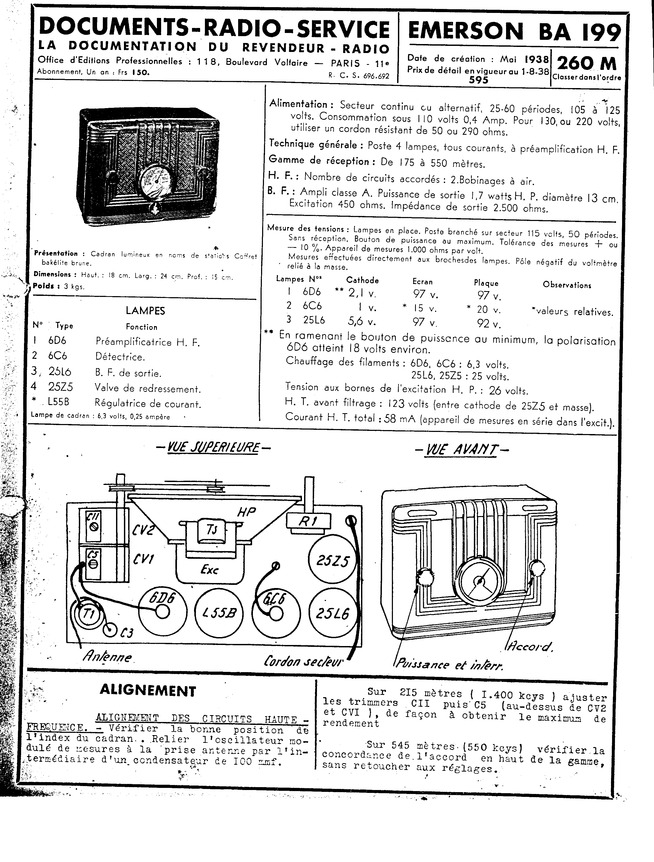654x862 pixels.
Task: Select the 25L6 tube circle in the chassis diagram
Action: pyautogui.click(x=333, y=614)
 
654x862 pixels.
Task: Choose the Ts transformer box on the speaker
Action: pyautogui.click(x=212, y=530)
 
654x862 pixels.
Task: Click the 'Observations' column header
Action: pyautogui.click(x=567, y=285)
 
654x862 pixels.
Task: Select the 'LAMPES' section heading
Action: pyautogui.click(x=145, y=311)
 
